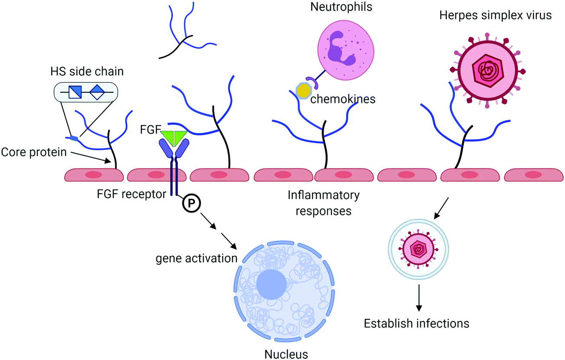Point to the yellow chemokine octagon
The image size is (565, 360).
(304, 91)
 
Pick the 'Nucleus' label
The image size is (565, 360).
(286, 354)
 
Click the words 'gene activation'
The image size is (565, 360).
(197, 259)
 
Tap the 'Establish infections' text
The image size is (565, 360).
(416, 323)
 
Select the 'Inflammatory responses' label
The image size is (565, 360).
(324, 203)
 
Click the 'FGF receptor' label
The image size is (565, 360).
(132, 194)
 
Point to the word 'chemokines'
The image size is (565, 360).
(342, 99)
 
